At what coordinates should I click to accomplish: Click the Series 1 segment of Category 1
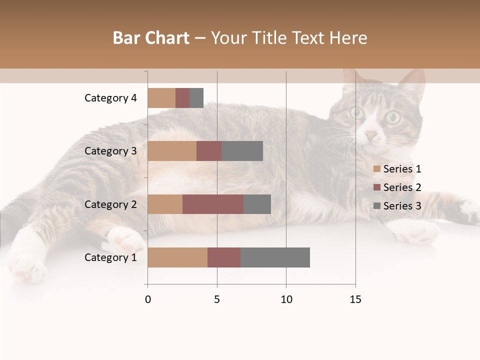point(177,257)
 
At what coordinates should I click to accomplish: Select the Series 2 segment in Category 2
point(213,204)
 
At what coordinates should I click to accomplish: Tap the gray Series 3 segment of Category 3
point(242,151)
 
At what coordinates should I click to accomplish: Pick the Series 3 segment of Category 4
point(196,98)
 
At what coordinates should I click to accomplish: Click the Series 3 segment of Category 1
point(275,257)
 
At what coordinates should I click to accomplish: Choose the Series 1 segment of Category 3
point(172,151)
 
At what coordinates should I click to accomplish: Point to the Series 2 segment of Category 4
point(182,98)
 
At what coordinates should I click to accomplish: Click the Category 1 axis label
point(110,257)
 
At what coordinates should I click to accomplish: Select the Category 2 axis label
point(110,204)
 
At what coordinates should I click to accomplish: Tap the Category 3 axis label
point(110,151)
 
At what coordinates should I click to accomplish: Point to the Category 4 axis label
point(110,98)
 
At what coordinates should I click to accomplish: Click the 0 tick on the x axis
point(148,299)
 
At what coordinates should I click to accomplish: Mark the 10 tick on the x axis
point(286,299)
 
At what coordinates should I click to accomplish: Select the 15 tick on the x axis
point(355,299)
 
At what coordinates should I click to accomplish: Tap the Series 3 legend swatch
point(377,206)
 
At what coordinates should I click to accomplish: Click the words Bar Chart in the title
point(151,38)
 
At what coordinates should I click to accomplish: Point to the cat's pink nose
point(371,135)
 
